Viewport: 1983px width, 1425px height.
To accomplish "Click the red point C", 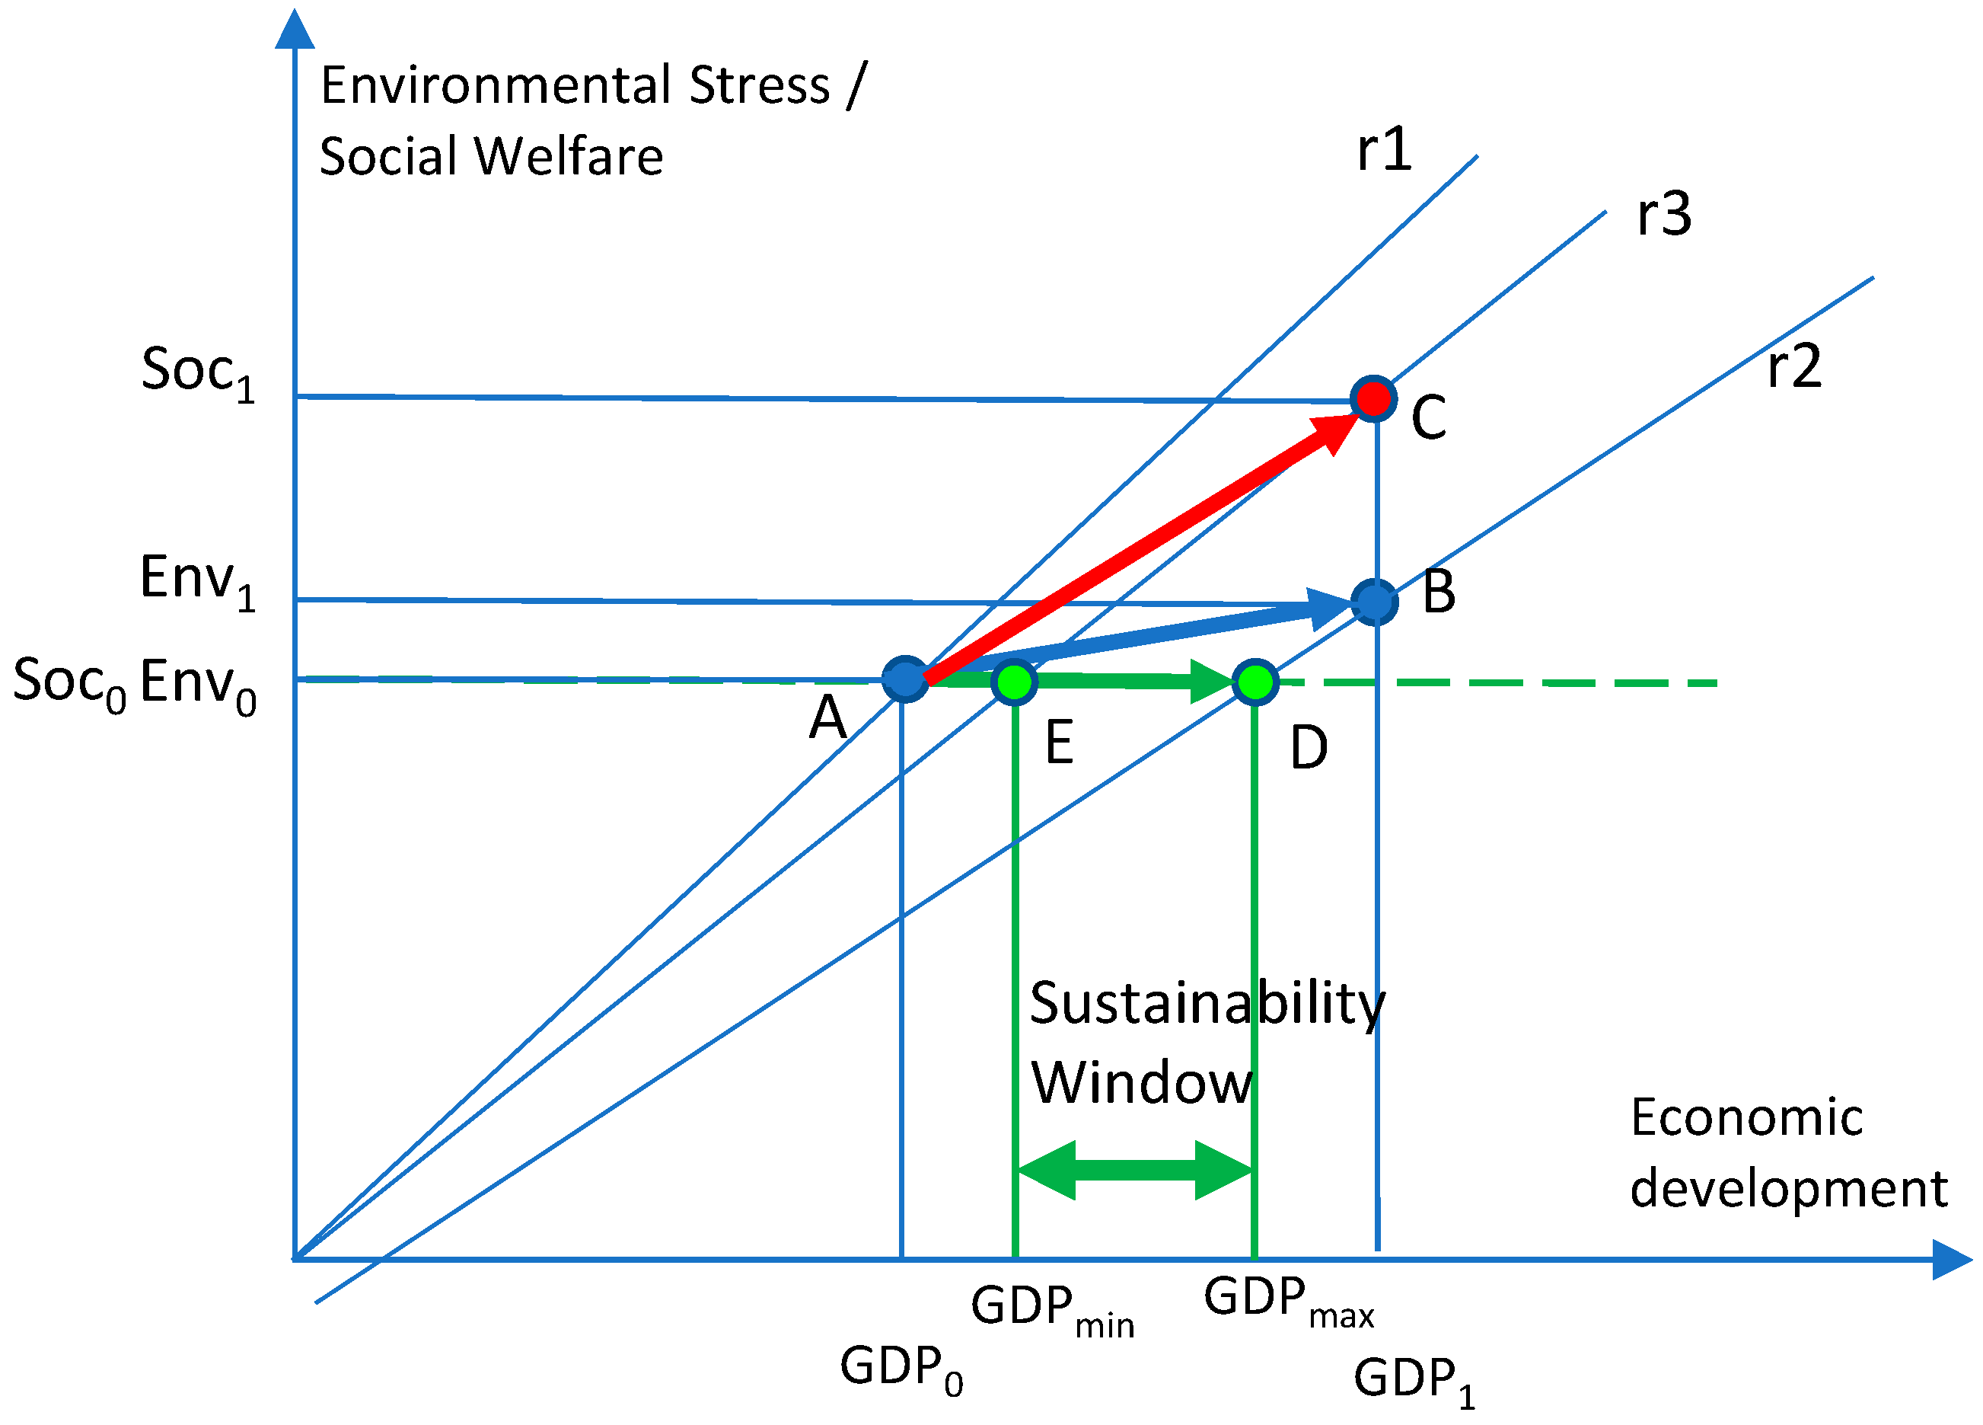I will click(x=1372, y=399).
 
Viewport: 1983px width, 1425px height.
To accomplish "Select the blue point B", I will click(x=1375, y=602).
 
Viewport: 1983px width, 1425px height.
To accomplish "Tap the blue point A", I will click(x=905, y=679).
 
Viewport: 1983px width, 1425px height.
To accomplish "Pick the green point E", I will click(x=1014, y=682).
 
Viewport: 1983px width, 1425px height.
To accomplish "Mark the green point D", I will click(x=1255, y=682).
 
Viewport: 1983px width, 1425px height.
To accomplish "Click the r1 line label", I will click(x=1384, y=149).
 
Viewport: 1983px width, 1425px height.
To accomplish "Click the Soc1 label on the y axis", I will click(x=198, y=372).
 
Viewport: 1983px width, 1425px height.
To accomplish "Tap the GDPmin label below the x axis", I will click(x=1052, y=1308).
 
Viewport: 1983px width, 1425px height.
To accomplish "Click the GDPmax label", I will click(x=1288, y=1300).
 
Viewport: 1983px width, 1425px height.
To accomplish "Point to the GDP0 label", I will click(x=901, y=1368).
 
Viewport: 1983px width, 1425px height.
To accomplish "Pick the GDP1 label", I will click(x=1414, y=1380).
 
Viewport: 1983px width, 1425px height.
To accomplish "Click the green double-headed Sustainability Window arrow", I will click(x=1135, y=1170).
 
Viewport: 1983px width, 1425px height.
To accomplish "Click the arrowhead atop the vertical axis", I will click(x=295, y=30).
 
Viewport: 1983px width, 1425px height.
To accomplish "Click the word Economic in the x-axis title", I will click(x=1747, y=1118).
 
